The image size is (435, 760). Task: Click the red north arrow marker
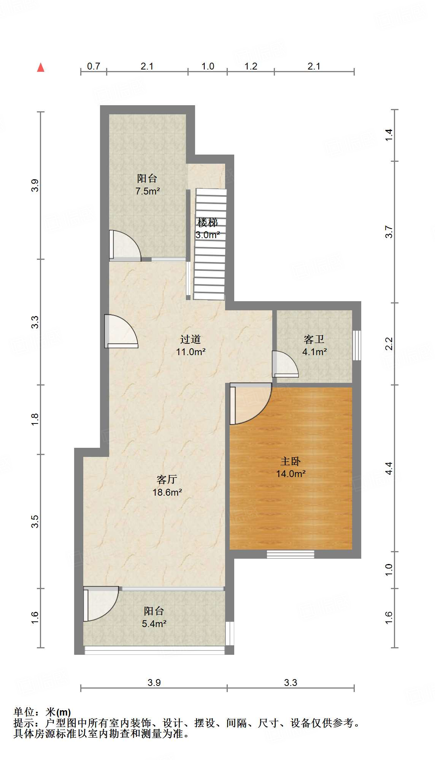pyautogui.click(x=41, y=68)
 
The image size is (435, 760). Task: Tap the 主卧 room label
pyautogui.click(x=291, y=461)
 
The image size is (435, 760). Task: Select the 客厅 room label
pyautogui.click(x=167, y=479)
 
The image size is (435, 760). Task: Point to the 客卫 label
pyautogui.click(x=314, y=339)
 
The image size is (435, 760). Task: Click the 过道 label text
pyautogui.click(x=191, y=339)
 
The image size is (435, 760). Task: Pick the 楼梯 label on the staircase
pyautogui.click(x=208, y=223)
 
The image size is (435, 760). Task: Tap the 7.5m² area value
pyautogui.click(x=148, y=191)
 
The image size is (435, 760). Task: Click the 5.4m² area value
pyautogui.click(x=154, y=623)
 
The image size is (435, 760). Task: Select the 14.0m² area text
pyautogui.click(x=291, y=474)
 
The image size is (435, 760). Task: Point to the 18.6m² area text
pyautogui.click(x=167, y=492)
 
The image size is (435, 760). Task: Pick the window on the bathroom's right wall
pyautogui.click(x=357, y=345)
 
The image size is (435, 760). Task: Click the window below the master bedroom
pyautogui.click(x=291, y=554)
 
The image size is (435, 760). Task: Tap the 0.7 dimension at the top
pyautogui.click(x=94, y=66)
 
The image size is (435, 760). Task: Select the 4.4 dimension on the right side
pyautogui.click(x=389, y=468)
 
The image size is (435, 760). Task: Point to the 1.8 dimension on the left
pyautogui.click(x=35, y=419)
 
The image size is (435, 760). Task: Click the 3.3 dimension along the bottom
pyautogui.click(x=291, y=683)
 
